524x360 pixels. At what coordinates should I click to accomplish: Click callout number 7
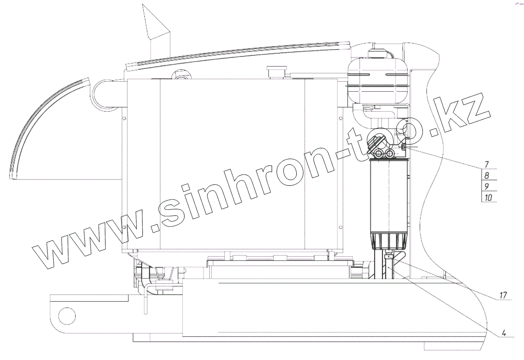click(x=487, y=164)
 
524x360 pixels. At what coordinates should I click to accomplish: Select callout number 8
click(x=487, y=175)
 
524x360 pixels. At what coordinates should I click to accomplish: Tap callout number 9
click(x=487, y=186)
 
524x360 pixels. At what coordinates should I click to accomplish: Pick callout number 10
click(x=488, y=198)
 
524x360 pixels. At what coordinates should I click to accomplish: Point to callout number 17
click(x=503, y=295)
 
